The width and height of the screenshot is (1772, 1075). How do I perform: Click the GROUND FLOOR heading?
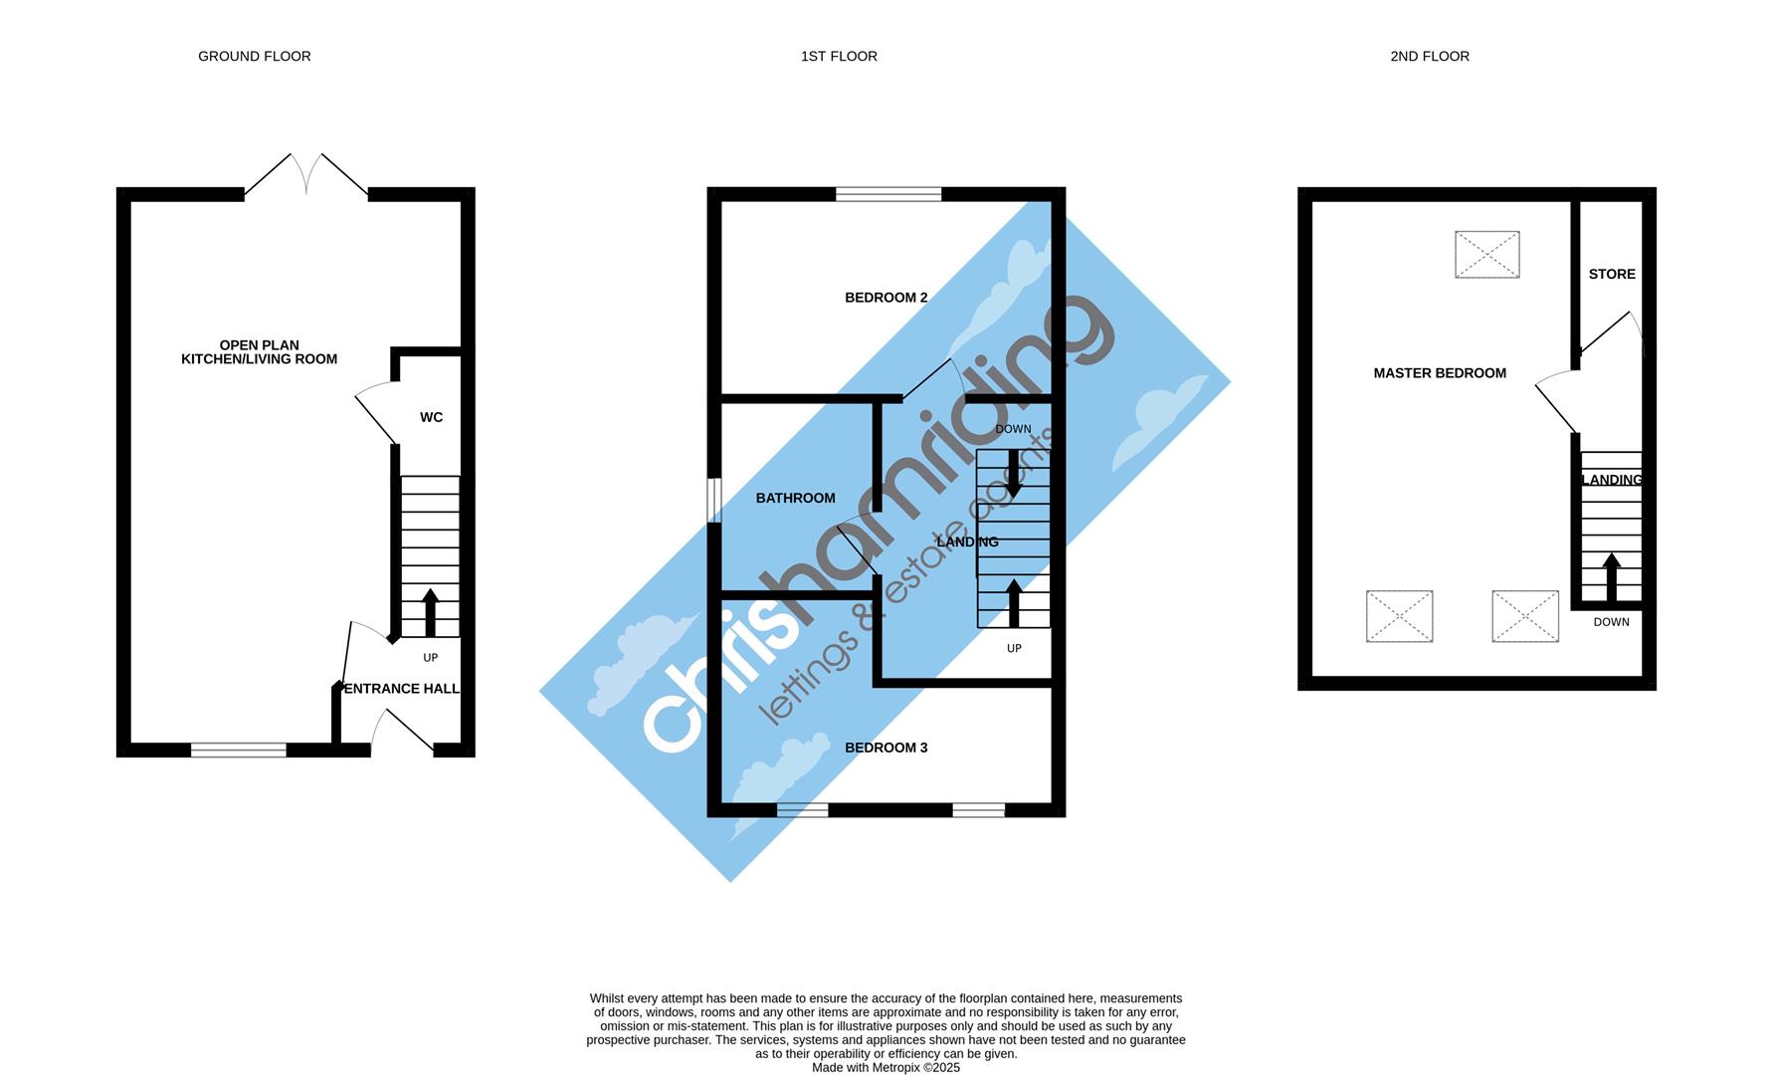point(254,57)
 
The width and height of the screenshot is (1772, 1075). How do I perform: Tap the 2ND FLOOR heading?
point(1429,57)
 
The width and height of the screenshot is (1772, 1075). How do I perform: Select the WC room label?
point(431,417)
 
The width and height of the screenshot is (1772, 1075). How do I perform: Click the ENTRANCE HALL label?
point(401,689)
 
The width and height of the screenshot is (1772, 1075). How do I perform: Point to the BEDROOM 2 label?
point(886,298)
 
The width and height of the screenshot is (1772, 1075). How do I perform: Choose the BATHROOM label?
point(795,498)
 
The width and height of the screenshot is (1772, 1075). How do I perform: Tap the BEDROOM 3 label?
point(886,748)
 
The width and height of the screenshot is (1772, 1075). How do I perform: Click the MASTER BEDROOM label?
point(1439,373)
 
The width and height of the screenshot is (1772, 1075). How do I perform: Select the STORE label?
point(1611,274)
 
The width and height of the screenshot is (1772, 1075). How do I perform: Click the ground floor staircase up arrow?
point(431,612)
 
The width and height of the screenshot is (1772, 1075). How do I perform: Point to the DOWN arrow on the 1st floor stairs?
point(1013,474)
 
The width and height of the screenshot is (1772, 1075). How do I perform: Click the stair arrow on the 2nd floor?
point(1611,577)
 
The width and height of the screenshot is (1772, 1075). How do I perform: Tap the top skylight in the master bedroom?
point(1486,254)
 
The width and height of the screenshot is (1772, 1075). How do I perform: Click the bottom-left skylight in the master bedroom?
point(1399,616)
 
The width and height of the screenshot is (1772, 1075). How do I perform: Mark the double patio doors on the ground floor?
point(306,177)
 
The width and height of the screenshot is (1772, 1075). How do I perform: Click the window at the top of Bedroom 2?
point(888,194)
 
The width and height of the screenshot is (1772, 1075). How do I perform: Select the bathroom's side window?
point(713,501)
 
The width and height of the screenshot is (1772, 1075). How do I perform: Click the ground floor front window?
point(238,750)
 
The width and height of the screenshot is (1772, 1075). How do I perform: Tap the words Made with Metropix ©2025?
point(886,1067)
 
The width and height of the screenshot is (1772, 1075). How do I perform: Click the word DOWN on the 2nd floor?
point(1611,622)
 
